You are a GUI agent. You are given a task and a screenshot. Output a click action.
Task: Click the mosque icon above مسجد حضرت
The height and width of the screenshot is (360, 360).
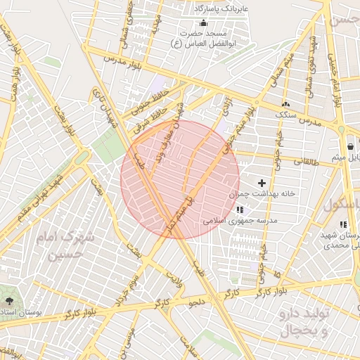(204, 23)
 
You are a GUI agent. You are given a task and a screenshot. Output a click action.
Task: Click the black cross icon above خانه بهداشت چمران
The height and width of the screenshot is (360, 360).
(262, 183)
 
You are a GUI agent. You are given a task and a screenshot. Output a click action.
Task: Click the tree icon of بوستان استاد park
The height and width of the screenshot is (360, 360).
(8, 301)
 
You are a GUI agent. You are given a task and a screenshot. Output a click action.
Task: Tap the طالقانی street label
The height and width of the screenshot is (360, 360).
(305, 161)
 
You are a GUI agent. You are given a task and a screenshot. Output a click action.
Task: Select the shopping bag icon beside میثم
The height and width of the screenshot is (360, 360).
(350, 146)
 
